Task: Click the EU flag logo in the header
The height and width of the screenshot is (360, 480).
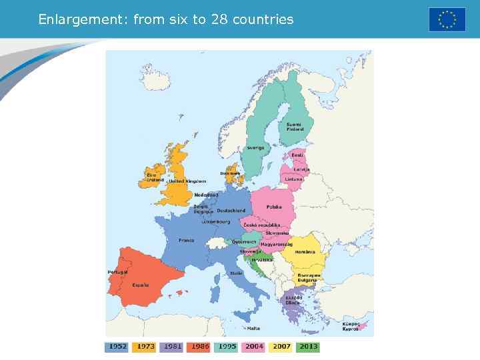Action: point(447,19)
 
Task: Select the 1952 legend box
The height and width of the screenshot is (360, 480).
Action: point(117,347)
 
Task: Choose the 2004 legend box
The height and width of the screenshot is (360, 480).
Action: point(254,347)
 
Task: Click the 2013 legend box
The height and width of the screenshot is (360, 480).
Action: point(309,347)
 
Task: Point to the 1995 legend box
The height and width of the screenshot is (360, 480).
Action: point(227,347)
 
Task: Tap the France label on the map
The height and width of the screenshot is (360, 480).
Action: point(186,240)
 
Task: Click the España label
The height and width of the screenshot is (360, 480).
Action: point(140,285)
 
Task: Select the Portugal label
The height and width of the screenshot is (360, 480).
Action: point(117,272)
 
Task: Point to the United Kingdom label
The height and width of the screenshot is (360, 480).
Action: point(187,181)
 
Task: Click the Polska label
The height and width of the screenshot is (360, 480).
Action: point(274,207)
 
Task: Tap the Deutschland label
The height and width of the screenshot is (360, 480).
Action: point(231,211)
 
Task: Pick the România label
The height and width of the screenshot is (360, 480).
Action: point(305,252)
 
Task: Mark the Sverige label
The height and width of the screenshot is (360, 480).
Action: point(255,147)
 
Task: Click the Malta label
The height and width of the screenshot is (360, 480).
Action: point(253,328)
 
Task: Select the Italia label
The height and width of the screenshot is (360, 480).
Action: point(236,273)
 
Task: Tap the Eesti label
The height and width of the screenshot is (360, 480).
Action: point(297,155)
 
